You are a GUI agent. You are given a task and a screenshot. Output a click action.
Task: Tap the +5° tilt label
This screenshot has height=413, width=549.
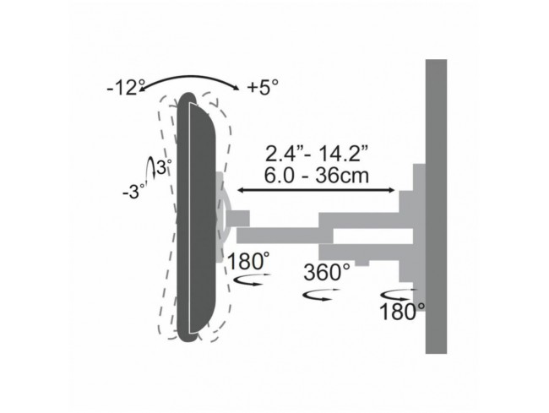(263, 87)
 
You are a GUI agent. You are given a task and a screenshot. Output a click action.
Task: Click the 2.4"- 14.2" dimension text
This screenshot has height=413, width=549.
(317, 154)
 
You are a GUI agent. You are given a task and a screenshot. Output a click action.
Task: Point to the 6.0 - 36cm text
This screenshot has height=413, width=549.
(317, 175)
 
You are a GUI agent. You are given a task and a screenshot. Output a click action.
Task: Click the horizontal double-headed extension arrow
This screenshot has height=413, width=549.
(316, 190)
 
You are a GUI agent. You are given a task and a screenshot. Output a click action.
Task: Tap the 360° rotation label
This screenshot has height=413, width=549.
(327, 272)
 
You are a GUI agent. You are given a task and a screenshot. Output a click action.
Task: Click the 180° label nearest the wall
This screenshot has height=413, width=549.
(402, 311)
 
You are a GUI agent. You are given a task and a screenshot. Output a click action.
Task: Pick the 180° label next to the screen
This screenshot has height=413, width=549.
(248, 261)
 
